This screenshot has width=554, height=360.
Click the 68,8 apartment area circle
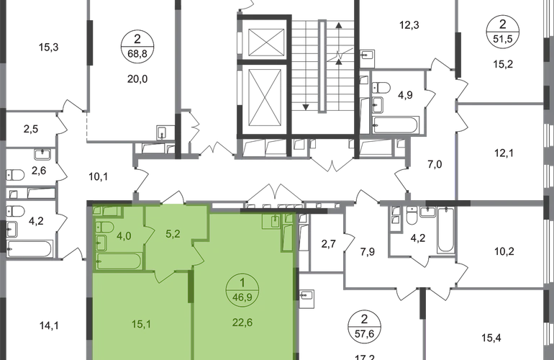tap(137, 46)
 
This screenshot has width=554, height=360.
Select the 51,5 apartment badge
tap(503, 32)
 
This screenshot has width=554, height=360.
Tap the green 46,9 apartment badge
tap(242, 290)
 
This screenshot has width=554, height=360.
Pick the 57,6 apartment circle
tap(364, 326)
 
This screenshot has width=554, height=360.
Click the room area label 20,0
tap(137, 79)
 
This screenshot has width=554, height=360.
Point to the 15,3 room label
tap(49, 47)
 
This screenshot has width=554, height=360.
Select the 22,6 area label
tap(242, 323)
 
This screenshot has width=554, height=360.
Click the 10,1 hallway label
tap(99, 176)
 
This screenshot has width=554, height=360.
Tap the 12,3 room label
tap(409, 25)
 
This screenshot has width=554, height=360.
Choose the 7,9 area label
tap(368, 252)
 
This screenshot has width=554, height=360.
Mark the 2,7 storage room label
tap(328, 243)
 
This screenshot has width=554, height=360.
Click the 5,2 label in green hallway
tap(173, 234)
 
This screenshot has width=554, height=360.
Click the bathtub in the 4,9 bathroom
tap(396, 125)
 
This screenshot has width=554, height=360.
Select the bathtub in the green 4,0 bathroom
tap(119, 261)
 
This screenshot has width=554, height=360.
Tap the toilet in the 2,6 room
tap(15, 175)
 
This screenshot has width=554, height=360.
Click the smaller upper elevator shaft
tap(266, 42)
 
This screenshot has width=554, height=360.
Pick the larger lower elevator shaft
tap(266, 98)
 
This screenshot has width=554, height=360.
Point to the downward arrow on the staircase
tap(306, 107)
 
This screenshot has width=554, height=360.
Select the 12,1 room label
tap(504, 153)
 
